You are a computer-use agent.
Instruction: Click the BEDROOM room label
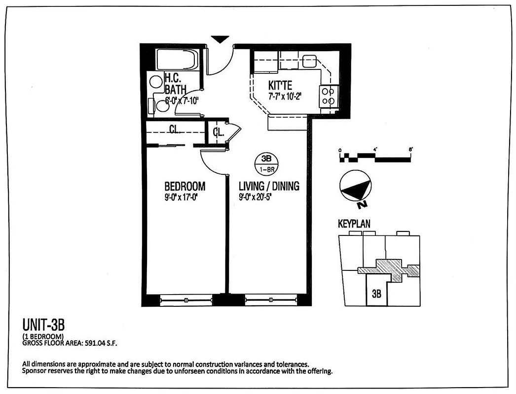(x=184, y=187)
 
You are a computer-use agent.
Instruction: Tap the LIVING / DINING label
(x=269, y=187)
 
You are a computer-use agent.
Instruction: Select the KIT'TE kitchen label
(x=281, y=85)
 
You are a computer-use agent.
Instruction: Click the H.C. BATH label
(x=175, y=84)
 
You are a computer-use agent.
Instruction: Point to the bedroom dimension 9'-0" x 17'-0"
(x=184, y=198)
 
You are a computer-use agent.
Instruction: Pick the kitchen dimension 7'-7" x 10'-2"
(x=285, y=96)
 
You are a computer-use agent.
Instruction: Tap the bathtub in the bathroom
(x=177, y=60)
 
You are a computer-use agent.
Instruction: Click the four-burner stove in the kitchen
(x=330, y=96)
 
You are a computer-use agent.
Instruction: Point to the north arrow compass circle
(x=355, y=188)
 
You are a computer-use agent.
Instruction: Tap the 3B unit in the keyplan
(x=377, y=294)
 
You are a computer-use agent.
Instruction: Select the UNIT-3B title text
(x=43, y=325)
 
